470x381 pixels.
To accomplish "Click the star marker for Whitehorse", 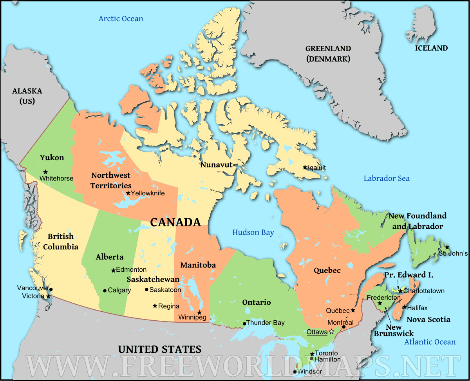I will pos(45,172).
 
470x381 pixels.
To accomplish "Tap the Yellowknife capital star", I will pos(128,193).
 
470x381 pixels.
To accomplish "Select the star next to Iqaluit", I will pos(305,168).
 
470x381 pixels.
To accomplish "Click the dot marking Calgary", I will pos(105,291).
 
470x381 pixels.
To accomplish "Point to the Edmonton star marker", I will pos(113,270).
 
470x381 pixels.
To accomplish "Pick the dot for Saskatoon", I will pos(146,290).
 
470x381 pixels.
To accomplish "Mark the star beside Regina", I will pos(155,306).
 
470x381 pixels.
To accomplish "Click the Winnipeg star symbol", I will pos(199,312).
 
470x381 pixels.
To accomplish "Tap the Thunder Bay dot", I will pos(244,323).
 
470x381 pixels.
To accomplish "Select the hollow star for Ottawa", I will pos(332,332).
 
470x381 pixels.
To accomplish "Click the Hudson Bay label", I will pos(253,232).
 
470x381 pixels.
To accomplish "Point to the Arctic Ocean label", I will pos(121,18).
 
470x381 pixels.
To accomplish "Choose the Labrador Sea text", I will pos(387,178).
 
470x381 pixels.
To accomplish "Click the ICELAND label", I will pos(431,48).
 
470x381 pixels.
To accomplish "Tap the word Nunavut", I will pos(217,164).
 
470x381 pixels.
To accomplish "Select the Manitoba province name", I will pos(198,265).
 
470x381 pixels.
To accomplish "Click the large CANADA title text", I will pos(175,222).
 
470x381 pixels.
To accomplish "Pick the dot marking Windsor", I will pos(295,372).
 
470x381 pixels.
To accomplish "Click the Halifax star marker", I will pos(404,307).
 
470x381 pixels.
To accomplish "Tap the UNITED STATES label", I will pos(160,349).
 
